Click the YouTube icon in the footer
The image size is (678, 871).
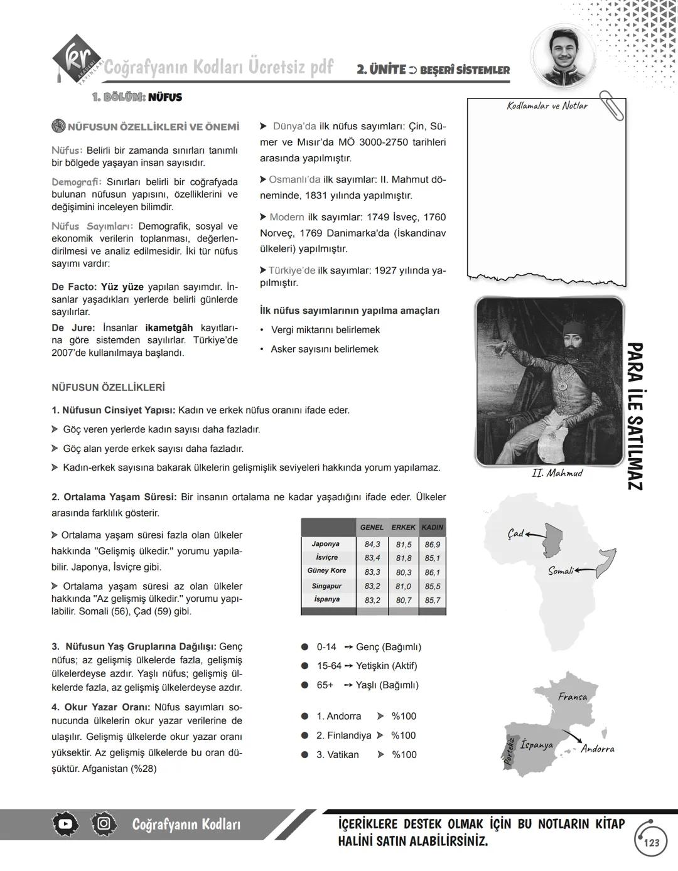[65, 825]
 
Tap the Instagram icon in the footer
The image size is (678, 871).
[103, 825]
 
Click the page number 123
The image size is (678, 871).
[652, 842]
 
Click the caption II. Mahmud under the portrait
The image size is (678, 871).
[556, 473]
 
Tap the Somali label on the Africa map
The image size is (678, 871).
[560, 571]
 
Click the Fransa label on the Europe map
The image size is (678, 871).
[572, 697]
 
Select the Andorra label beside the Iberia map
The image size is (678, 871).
[597, 749]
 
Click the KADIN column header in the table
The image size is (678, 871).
[432, 527]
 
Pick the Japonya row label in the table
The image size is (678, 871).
[325, 544]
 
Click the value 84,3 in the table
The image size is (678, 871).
[372, 544]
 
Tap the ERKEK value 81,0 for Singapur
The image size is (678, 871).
[403, 586]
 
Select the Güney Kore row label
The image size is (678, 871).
[326, 571]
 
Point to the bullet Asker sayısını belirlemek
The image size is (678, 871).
[324, 349]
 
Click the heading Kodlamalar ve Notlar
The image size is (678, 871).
[547, 106]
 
